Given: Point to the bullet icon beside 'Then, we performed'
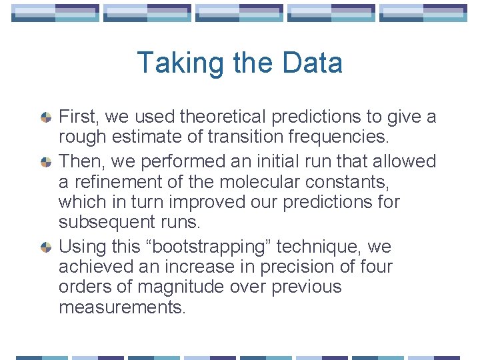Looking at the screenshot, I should coord(46,162).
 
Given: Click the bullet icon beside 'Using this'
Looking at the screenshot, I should coord(46,247).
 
